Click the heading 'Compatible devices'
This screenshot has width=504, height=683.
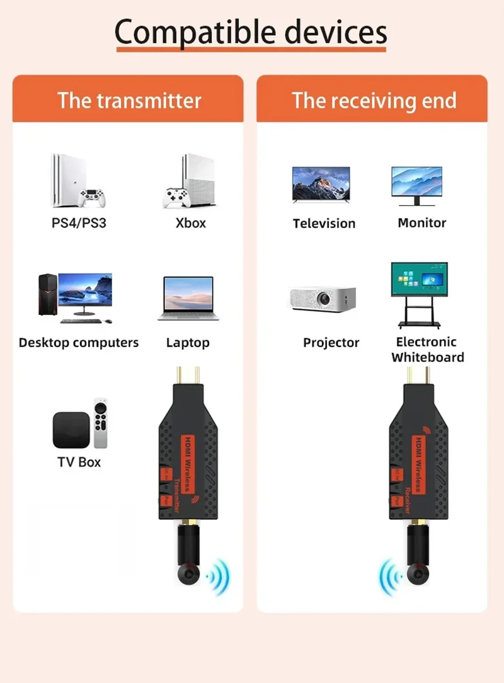click(x=251, y=32)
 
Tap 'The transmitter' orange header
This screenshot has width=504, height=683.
click(x=129, y=100)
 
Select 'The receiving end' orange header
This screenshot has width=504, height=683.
click(x=374, y=100)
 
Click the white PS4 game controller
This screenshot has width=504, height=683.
click(x=91, y=198)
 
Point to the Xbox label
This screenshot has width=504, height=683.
click(x=190, y=223)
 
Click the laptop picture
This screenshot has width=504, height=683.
click(x=188, y=298)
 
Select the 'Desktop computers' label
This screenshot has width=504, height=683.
click(x=79, y=343)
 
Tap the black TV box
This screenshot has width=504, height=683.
click(x=71, y=430)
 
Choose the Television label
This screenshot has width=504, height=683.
click(x=324, y=224)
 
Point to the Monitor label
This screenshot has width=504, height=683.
click(x=421, y=223)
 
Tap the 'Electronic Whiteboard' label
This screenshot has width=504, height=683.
click(x=427, y=350)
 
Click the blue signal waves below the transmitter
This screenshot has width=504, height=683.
click(x=219, y=576)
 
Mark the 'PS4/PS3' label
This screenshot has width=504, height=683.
click(x=79, y=223)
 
